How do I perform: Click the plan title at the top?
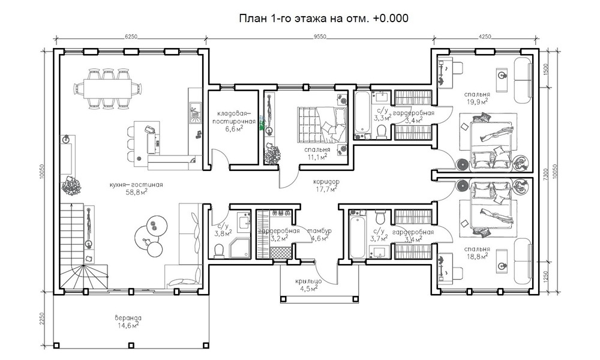click(324, 19)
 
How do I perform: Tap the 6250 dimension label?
click(131, 37)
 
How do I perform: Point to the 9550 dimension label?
click(320, 37)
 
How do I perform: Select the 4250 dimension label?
click(485, 37)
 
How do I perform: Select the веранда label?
click(128, 318)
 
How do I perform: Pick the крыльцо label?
click(308, 282)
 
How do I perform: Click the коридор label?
click(326, 182)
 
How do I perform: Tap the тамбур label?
click(319, 231)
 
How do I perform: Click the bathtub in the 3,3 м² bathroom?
click(362, 115)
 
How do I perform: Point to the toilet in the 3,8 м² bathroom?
click(218, 251)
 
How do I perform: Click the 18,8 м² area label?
click(477, 256)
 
